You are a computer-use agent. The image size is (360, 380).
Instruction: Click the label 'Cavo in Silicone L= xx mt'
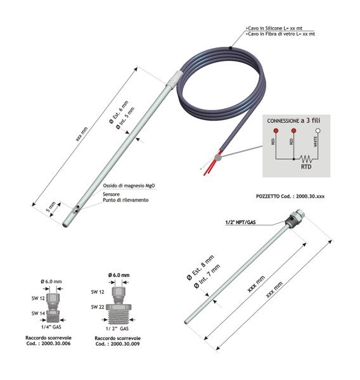pos(274,28)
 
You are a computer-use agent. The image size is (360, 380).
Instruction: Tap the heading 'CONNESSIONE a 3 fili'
pos(293,120)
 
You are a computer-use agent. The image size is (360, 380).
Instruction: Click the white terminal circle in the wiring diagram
pos(318,131)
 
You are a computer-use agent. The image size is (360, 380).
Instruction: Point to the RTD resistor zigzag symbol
pos(306,159)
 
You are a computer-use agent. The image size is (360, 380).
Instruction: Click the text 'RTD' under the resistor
pos(306,167)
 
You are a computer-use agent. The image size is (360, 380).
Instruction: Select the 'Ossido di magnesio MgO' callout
pos(129,186)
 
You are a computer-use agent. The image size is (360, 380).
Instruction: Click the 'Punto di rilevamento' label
pos(125,200)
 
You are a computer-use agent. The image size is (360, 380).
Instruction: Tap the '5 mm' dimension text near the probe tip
pos(51,206)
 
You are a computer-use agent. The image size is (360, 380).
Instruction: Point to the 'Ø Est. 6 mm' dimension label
pos(119,112)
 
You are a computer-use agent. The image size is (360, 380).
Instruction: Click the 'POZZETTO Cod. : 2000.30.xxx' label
pos(290,196)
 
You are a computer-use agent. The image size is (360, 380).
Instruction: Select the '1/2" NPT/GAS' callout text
pos(240,222)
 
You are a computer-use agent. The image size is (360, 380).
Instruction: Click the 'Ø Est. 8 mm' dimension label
pos(200,267)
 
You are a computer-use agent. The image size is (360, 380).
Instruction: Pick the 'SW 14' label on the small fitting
pos(38,313)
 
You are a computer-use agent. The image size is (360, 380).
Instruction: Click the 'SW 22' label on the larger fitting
pos(98,307)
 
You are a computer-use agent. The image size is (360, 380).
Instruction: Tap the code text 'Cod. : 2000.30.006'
pos(49,343)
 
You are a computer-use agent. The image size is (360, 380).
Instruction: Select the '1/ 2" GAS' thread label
pos(117,329)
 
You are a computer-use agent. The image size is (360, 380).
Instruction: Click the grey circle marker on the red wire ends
pos(218,158)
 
